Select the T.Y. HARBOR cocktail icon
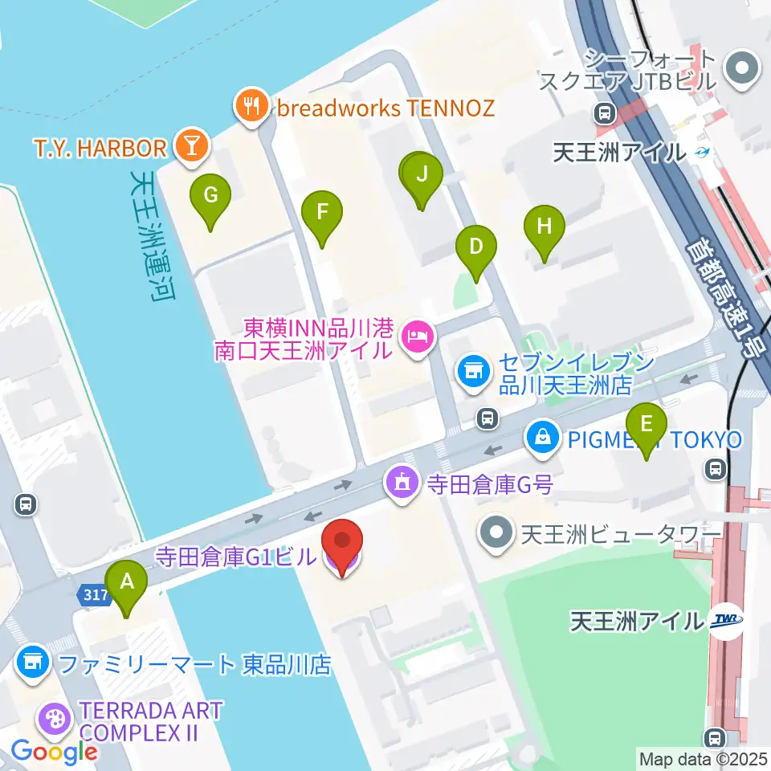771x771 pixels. (193, 146)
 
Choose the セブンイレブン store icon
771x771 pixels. (473, 371)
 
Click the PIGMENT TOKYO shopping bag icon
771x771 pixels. (543, 439)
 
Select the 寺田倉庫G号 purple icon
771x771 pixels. (401, 483)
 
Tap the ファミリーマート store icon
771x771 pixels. (33, 663)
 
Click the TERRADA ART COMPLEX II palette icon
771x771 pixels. (55, 716)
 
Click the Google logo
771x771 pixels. (54, 753)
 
